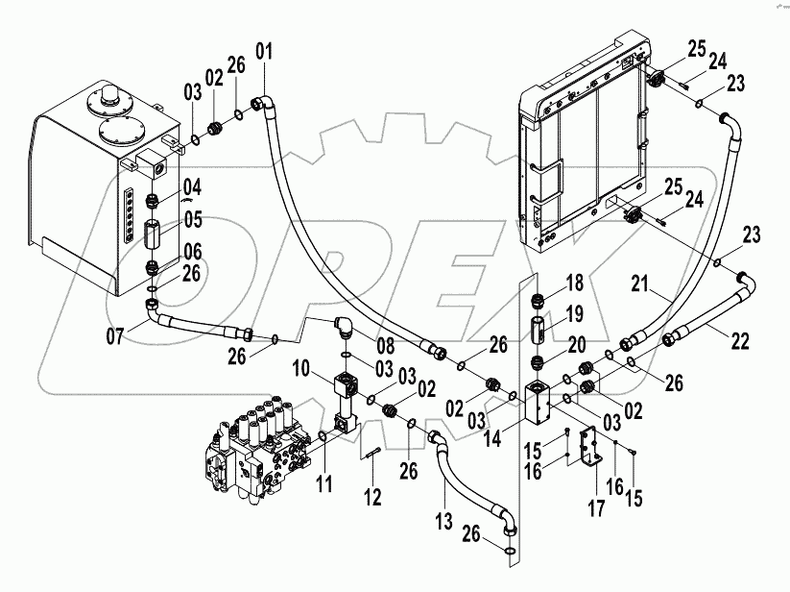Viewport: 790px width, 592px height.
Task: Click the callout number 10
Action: point(299,368)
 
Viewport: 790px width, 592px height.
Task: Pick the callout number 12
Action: point(372,497)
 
